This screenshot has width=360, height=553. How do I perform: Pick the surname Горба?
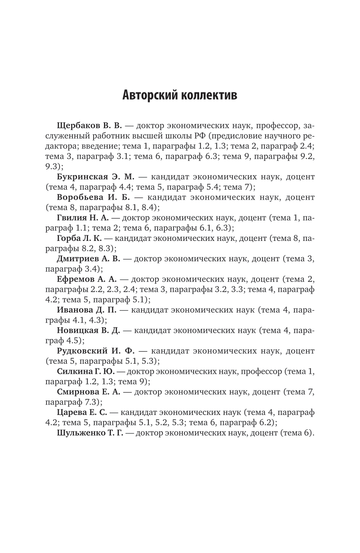68,238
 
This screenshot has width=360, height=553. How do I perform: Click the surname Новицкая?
77,330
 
